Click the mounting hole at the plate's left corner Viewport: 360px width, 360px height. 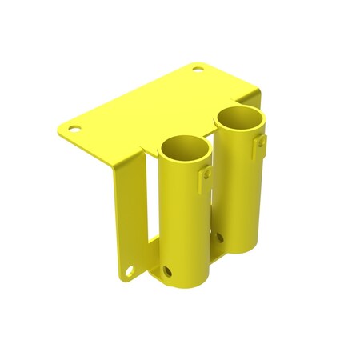[74, 127]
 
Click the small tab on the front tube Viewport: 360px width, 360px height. [206, 171]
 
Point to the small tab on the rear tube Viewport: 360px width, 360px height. [261, 142]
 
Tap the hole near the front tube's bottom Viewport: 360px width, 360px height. [168, 272]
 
